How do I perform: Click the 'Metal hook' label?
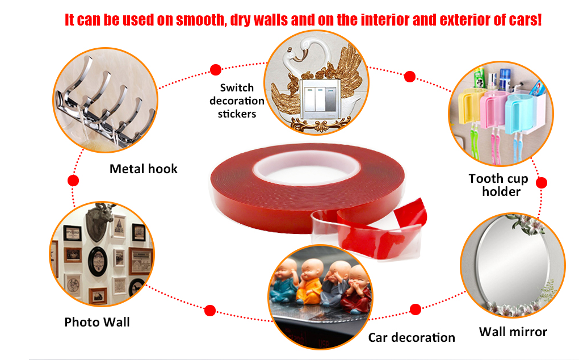(x=143, y=169)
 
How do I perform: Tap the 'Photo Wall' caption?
(x=96, y=322)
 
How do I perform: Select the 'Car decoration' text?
(x=412, y=337)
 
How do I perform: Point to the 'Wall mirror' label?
(x=513, y=332)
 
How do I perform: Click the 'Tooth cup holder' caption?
(x=499, y=185)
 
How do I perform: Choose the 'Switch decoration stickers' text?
(x=237, y=101)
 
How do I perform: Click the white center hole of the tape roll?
(x=307, y=168)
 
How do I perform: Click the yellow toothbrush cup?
(x=468, y=107)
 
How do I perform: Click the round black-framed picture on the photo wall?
(x=98, y=261)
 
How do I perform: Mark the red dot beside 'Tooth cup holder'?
(x=542, y=183)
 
